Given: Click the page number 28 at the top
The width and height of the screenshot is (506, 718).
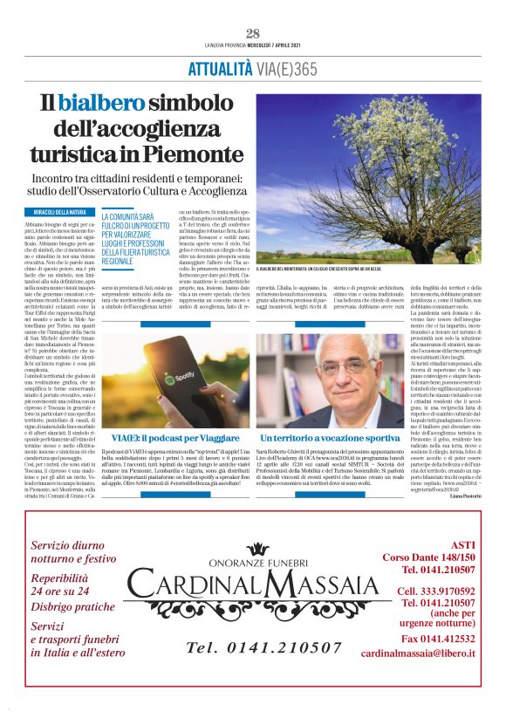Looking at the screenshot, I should click(253, 33).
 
